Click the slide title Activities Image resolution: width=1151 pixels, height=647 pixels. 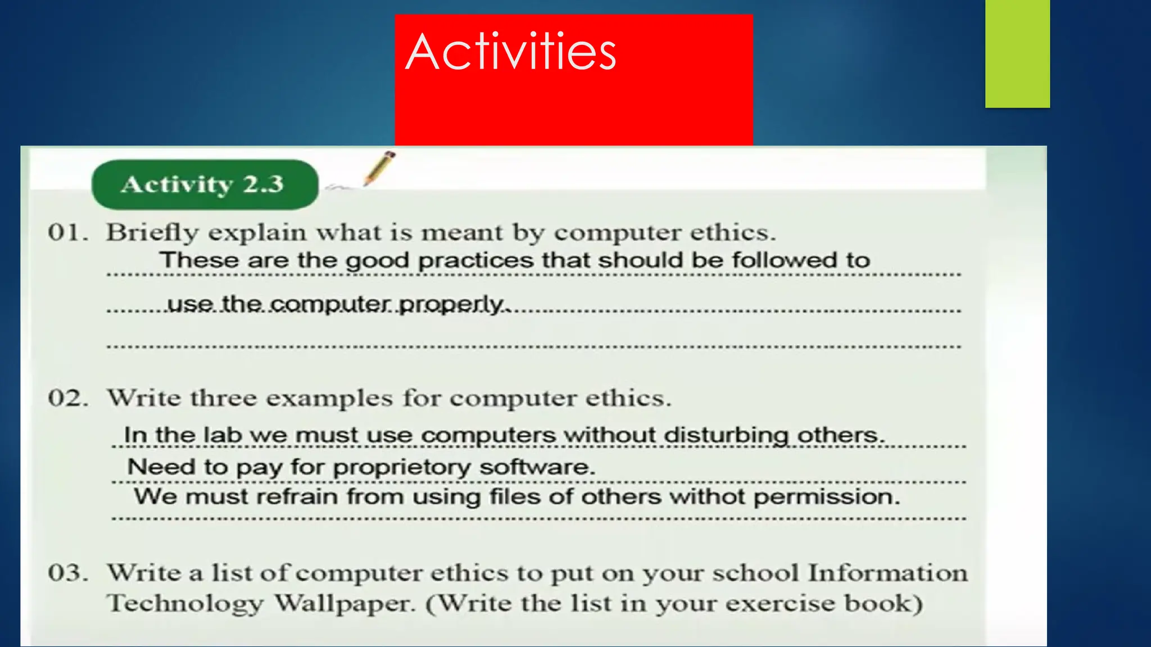(510, 52)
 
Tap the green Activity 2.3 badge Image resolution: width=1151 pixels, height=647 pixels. (205, 184)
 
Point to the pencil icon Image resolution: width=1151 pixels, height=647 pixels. (378, 168)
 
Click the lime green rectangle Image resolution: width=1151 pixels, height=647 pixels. (1017, 54)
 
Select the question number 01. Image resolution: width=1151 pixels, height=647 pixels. (67, 233)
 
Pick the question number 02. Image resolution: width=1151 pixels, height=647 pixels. (67, 398)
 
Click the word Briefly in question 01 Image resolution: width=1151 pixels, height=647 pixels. (152, 233)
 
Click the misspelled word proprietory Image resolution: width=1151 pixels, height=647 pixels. (402, 467)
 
